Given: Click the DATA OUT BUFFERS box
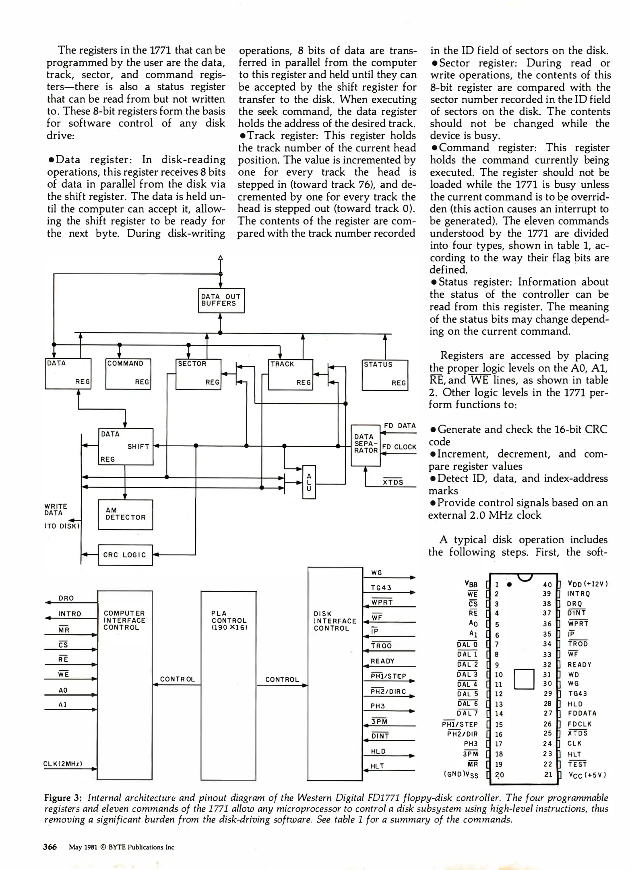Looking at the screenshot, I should pos(221,300).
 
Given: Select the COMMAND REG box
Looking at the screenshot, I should pos(128,374).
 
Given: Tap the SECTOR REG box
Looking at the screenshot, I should pos(198,374).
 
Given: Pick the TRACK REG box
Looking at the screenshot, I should pos(290,375).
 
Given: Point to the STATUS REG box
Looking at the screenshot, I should pos(384,375).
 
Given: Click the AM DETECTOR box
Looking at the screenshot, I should pos(125,514).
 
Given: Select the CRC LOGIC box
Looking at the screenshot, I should pos(125,555).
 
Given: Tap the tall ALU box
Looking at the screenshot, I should pos(309,482).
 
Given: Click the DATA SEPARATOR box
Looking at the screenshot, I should pos(366,445).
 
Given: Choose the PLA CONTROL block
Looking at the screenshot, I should pos(228,685).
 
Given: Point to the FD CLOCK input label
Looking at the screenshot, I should pos(399,447).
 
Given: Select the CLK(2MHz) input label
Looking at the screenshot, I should pos(63,764).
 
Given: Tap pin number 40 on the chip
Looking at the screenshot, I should pos(547,584).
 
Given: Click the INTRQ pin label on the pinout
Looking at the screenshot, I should pos(578,594).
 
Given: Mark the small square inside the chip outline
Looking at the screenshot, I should pos(524,679).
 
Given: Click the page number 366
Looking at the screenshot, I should pos(50,847).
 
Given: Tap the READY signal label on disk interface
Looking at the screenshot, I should pos(382,661).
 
